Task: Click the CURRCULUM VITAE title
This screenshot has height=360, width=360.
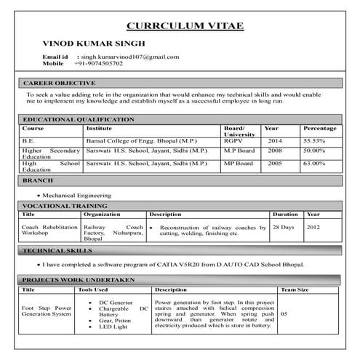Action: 185,26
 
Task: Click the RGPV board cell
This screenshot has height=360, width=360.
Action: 233,140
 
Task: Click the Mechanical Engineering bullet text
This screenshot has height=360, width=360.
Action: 76,196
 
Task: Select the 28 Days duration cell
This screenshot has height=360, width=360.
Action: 283,227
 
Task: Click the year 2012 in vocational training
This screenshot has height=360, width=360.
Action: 313,227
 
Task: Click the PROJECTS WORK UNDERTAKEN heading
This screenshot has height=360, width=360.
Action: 76,279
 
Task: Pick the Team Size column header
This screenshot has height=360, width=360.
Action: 295,289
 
